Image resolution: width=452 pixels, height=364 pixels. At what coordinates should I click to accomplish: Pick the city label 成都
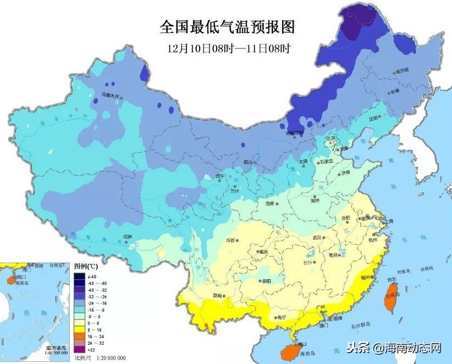click(x=230, y=240)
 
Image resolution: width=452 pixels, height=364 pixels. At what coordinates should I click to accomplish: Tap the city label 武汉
click(x=316, y=237)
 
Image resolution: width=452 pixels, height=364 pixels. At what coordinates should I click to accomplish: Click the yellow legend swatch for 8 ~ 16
click(x=80, y=329)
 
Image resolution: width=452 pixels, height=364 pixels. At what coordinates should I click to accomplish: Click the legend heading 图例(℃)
click(x=86, y=266)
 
